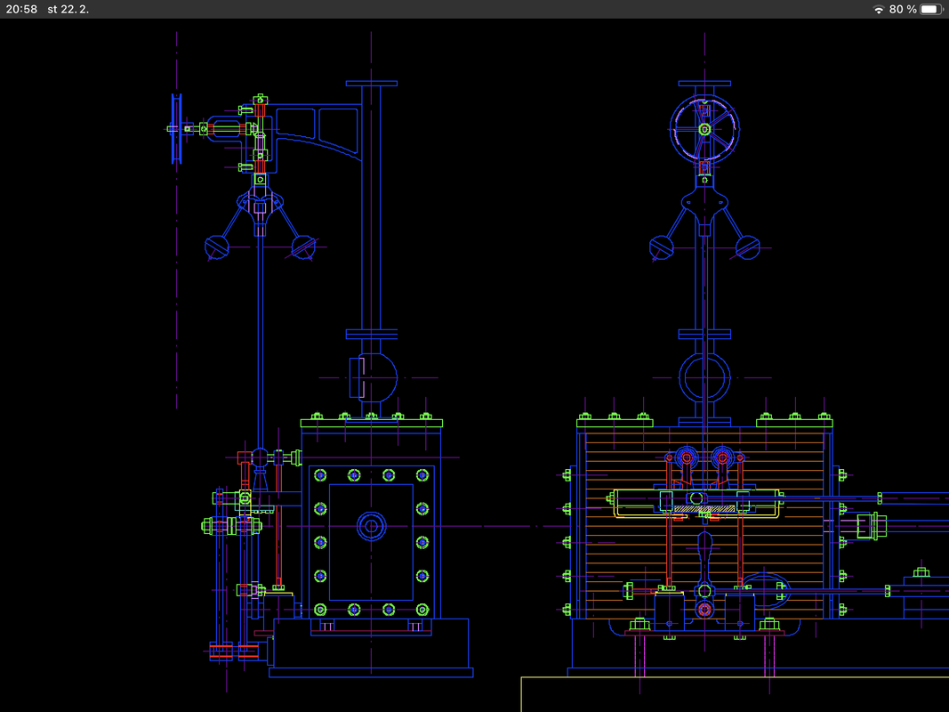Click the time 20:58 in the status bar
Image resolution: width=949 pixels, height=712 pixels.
click(21, 9)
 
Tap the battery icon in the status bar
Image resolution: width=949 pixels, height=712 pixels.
click(931, 9)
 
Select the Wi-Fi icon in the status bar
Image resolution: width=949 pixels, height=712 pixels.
click(878, 9)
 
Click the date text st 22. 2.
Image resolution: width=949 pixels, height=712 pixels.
click(68, 9)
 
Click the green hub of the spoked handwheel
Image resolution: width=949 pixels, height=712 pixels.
click(704, 129)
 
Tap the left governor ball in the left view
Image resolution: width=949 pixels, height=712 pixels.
click(217, 247)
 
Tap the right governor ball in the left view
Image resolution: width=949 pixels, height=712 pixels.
click(303, 247)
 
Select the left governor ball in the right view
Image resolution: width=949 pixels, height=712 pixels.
click(662, 247)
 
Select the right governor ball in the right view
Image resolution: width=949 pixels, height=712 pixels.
click(747, 247)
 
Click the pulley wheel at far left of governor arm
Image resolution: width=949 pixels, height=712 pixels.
click(177, 128)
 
